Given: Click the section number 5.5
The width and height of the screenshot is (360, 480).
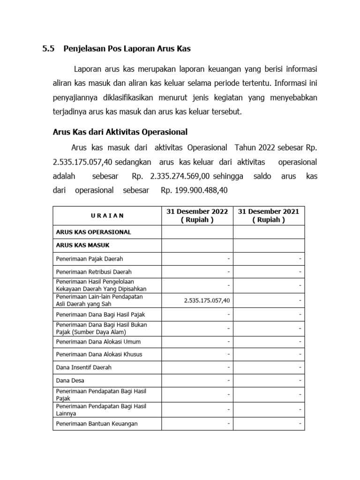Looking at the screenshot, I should pos(48,48).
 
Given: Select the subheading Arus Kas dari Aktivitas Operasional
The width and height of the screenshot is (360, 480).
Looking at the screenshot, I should pos(120,131).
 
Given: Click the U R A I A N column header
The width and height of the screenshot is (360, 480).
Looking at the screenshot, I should pos(107,216).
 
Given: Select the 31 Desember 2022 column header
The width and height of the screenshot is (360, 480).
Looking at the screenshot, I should pos(197,216).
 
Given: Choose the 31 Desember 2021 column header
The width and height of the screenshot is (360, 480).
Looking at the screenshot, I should pos(269,216).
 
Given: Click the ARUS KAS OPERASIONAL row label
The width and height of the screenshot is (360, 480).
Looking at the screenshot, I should pos(93,232).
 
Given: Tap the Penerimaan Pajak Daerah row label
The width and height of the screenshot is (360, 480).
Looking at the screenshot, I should pos(90,259).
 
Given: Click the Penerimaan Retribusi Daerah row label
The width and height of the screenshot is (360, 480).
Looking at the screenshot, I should pos(94,272).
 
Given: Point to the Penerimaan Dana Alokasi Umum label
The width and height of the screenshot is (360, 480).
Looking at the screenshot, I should pos(98,342).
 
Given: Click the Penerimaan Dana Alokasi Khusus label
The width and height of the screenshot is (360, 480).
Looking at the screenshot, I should pos(99,354).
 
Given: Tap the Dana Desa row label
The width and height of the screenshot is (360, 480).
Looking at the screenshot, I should pos(70,380).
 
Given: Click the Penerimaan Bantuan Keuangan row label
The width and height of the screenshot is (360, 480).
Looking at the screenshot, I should pos(97,424).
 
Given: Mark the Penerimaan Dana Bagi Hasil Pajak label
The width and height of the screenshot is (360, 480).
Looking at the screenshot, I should pos(97,315).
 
